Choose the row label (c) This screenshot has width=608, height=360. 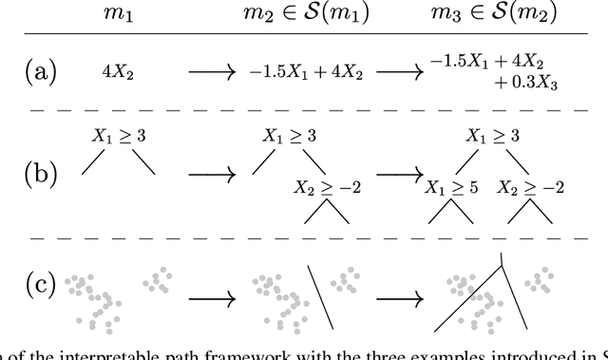(x=42, y=284)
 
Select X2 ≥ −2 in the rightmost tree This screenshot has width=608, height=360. (x=533, y=187)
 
